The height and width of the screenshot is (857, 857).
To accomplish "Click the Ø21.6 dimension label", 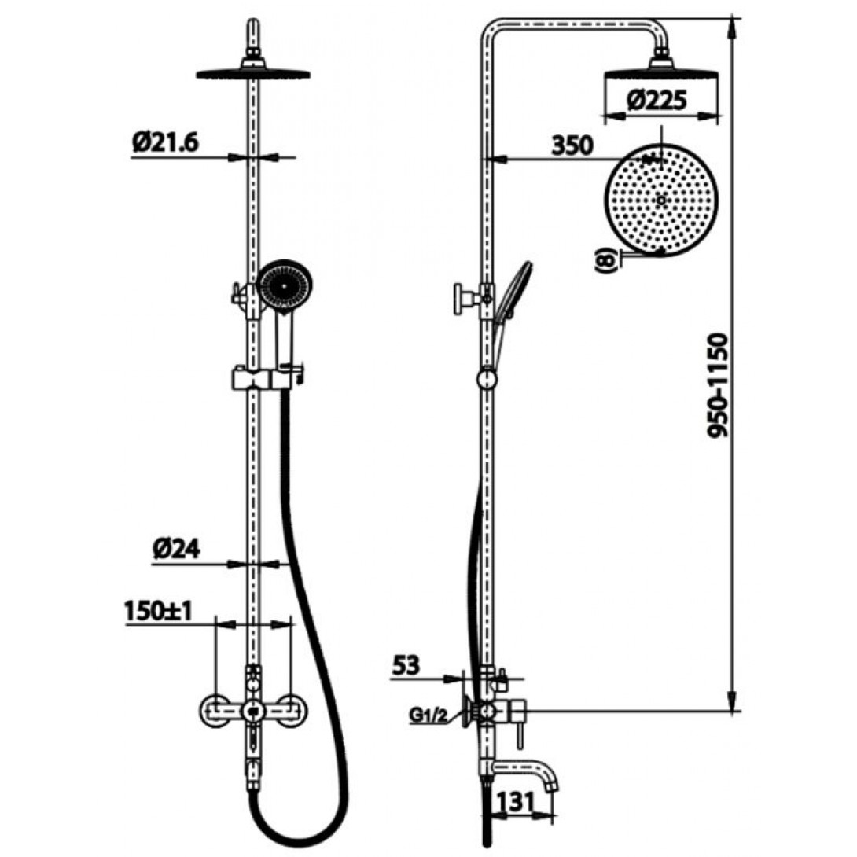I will (167, 142).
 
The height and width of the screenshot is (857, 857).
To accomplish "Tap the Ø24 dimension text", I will (175, 550).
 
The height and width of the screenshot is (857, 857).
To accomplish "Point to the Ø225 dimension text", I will (658, 101).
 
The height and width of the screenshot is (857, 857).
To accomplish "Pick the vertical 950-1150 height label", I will (721, 385).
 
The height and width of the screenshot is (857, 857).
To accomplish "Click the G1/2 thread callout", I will (429, 716).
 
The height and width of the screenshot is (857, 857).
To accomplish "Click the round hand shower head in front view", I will (286, 286).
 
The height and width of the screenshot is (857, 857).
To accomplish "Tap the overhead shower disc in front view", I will (252, 74).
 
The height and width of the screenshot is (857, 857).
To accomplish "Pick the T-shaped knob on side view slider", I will (461, 299).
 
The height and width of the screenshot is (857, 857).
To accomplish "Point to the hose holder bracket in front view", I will (267, 377).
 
